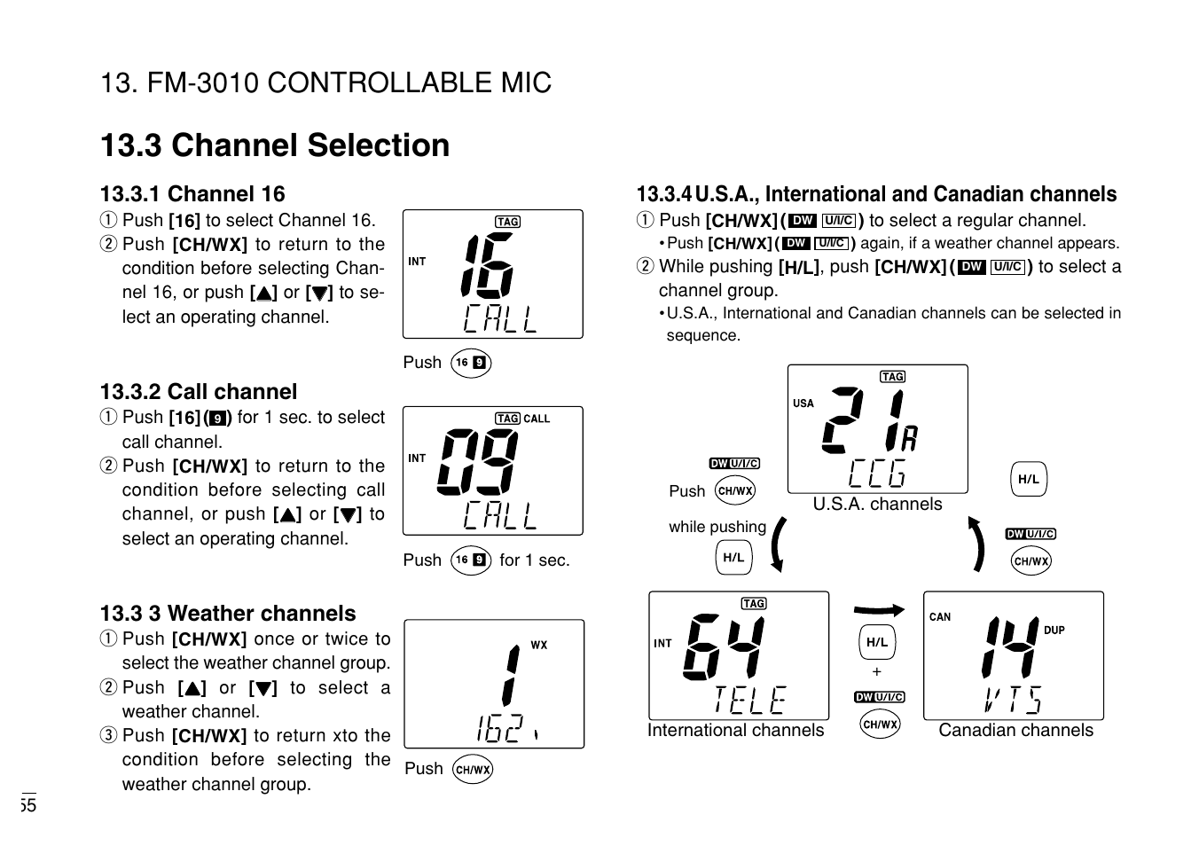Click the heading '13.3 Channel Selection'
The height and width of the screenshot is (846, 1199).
click(x=275, y=145)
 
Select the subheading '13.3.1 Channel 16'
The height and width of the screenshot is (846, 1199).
click(x=192, y=194)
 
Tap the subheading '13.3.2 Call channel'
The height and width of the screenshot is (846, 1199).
click(x=199, y=392)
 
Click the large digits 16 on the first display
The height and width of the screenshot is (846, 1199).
click(x=487, y=265)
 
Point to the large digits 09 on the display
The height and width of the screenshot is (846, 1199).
click(x=477, y=461)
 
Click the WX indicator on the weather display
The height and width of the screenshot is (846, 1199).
click(x=538, y=645)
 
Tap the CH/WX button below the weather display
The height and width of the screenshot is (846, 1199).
click(x=473, y=770)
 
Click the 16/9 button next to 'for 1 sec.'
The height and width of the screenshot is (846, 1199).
click(x=470, y=560)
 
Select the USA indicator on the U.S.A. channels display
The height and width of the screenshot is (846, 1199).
click(x=803, y=403)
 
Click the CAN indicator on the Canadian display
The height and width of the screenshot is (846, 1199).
click(x=939, y=617)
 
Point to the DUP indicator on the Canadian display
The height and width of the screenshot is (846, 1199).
click(x=1054, y=631)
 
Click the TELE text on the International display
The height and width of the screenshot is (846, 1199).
click(x=749, y=700)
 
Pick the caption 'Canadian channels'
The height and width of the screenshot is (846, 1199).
click(x=1015, y=731)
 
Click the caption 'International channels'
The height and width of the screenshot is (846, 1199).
click(x=735, y=731)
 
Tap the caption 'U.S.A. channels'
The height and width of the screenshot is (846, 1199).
click(x=877, y=505)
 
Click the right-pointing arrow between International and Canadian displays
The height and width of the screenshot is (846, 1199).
click(x=878, y=610)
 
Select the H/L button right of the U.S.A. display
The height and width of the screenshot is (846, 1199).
click(x=1028, y=480)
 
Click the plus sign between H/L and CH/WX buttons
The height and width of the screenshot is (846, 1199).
click(x=877, y=672)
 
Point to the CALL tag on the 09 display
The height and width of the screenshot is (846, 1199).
click(x=537, y=419)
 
